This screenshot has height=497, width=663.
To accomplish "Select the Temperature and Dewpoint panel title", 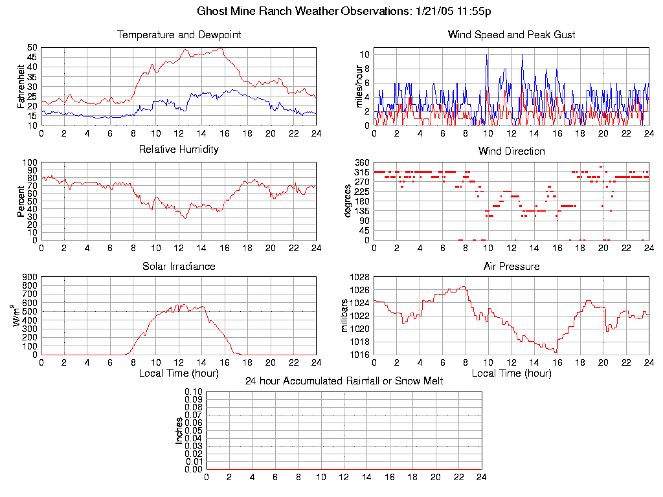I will click(179, 35).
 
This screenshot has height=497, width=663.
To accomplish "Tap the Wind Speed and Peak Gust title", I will click(511, 35).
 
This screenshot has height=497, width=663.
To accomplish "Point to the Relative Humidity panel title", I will click(179, 149).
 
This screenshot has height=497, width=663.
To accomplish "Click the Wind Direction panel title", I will click(511, 151).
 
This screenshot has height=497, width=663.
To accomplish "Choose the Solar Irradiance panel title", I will click(179, 266).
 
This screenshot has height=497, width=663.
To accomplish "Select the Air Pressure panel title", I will click(511, 266).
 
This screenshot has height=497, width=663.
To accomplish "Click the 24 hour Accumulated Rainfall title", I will click(344, 381).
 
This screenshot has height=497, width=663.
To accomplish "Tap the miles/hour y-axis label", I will click(353, 86).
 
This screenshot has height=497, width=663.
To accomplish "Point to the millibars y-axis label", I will click(345, 316).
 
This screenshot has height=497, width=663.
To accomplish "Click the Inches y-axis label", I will click(179, 430).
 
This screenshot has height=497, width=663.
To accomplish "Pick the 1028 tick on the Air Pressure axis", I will click(359, 277).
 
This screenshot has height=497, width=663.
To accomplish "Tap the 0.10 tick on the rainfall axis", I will click(194, 392).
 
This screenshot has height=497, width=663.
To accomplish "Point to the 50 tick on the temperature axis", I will click(32, 47).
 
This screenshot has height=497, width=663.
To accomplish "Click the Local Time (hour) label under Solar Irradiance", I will click(179, 373).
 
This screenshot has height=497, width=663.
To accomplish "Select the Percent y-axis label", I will click(21, 201).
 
